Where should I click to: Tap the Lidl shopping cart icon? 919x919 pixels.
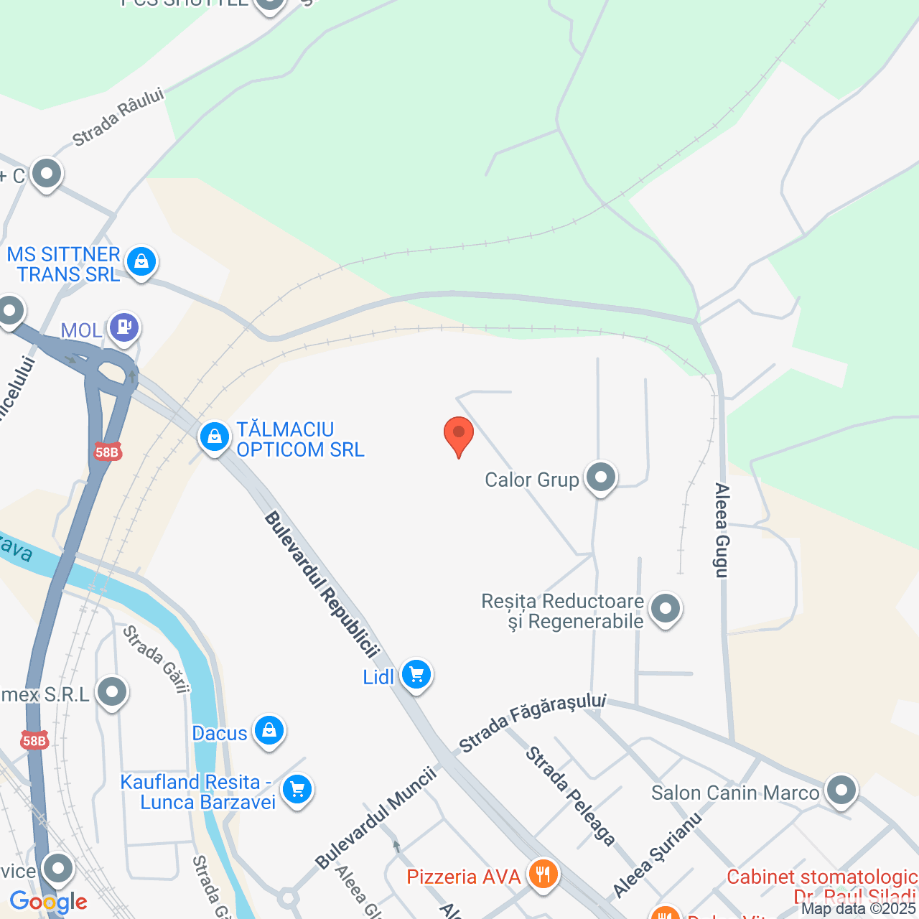point(416,675)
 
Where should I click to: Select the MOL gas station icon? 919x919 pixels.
point(124,327)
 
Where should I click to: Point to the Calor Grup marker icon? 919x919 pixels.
point(601,477)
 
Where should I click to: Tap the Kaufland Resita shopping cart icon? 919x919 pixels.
point(297,790)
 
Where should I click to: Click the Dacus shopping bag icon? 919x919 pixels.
point(269,731)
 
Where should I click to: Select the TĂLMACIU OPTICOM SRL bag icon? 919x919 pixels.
point(214,437)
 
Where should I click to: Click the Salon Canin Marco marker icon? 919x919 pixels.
point(841,790)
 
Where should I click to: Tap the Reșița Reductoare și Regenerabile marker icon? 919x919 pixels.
point(665,610)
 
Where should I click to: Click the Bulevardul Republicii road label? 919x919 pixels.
point(321,584)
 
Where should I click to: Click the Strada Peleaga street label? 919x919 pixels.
point(570,796)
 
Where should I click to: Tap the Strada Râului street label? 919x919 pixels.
point(118,116)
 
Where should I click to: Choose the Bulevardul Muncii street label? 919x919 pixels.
point(375,817)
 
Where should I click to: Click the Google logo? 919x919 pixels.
point(49,902)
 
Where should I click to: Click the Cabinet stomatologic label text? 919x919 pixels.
point(822,877)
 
